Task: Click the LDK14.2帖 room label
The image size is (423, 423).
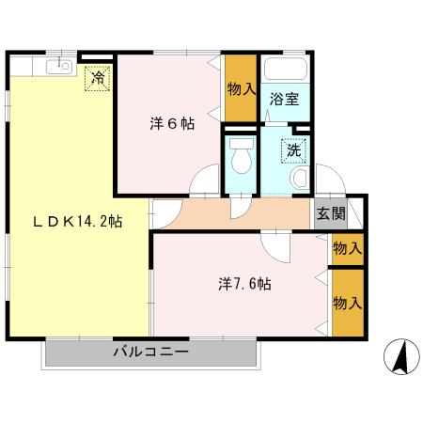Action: click(78, 221)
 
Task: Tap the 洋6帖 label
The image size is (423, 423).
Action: click(172, 123)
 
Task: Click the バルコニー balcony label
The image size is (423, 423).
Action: click(151, 352)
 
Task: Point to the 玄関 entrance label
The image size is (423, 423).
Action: click(330, 213)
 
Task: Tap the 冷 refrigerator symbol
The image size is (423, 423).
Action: click(97, 78)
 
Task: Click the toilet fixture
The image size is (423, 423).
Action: click(242, 158)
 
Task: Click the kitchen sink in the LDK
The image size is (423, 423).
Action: click(63, 65)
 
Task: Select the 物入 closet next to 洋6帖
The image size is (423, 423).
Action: click(241, 91)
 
